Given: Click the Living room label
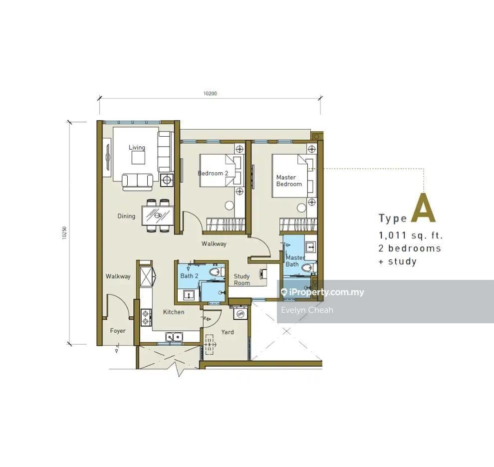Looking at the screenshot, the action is click(x=137, y=147).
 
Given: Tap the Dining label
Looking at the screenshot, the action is click(x=126, y=216).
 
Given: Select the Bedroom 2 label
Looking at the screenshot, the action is click(x=213, y=173).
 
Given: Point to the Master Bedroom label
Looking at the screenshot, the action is click(x=289, y=181).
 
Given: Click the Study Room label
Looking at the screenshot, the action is click(x=242, y=279).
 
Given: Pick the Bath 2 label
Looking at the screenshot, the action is click(x=189, y=276).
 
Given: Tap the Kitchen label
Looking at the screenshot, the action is click(x=174, y=312).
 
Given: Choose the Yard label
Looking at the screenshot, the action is click(x=227, y=332).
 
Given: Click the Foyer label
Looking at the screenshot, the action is click(x=118, y=331).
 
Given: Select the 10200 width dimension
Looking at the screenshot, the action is click(x=210, y=93).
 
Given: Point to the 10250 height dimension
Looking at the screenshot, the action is click(x=65, y=233).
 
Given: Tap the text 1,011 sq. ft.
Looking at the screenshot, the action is click(x=411, y=235).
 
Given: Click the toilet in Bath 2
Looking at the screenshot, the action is click(x=217, y=272).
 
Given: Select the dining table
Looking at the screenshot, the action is click(x=158, y=216).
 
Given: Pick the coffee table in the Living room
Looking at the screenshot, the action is click(x=138, y=158).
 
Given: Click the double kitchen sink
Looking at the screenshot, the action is click(x=174, y=337).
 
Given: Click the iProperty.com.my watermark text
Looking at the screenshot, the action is click(x=322, y=292).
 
